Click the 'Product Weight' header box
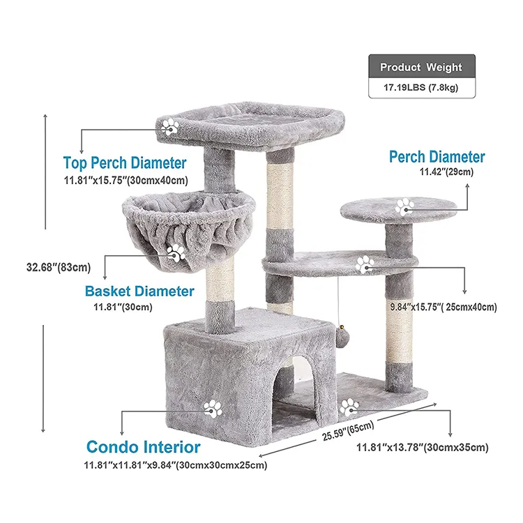tap(422, 66)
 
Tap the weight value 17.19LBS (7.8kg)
tap(420, 87)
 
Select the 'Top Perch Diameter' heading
tap(125, 162)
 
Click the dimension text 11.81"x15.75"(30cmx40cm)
tap(126, 181)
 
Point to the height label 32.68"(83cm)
tap(59, 267)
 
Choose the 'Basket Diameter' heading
tap(139, 291)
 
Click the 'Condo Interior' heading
tap(144, 446)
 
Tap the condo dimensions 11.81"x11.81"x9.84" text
tap(176, 465)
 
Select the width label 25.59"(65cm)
tap(348, 431)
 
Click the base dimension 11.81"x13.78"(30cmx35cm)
tap(423, 447)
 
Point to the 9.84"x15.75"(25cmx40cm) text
tap(444, 307)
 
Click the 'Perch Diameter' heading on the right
tap(437, 157)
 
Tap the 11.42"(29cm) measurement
tap(446, 172)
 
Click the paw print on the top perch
tap(170, 127)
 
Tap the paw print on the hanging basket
tap(176, 252)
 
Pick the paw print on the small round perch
tap(404, 207)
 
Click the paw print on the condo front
tap(213, 409)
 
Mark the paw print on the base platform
tap(349, 407)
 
